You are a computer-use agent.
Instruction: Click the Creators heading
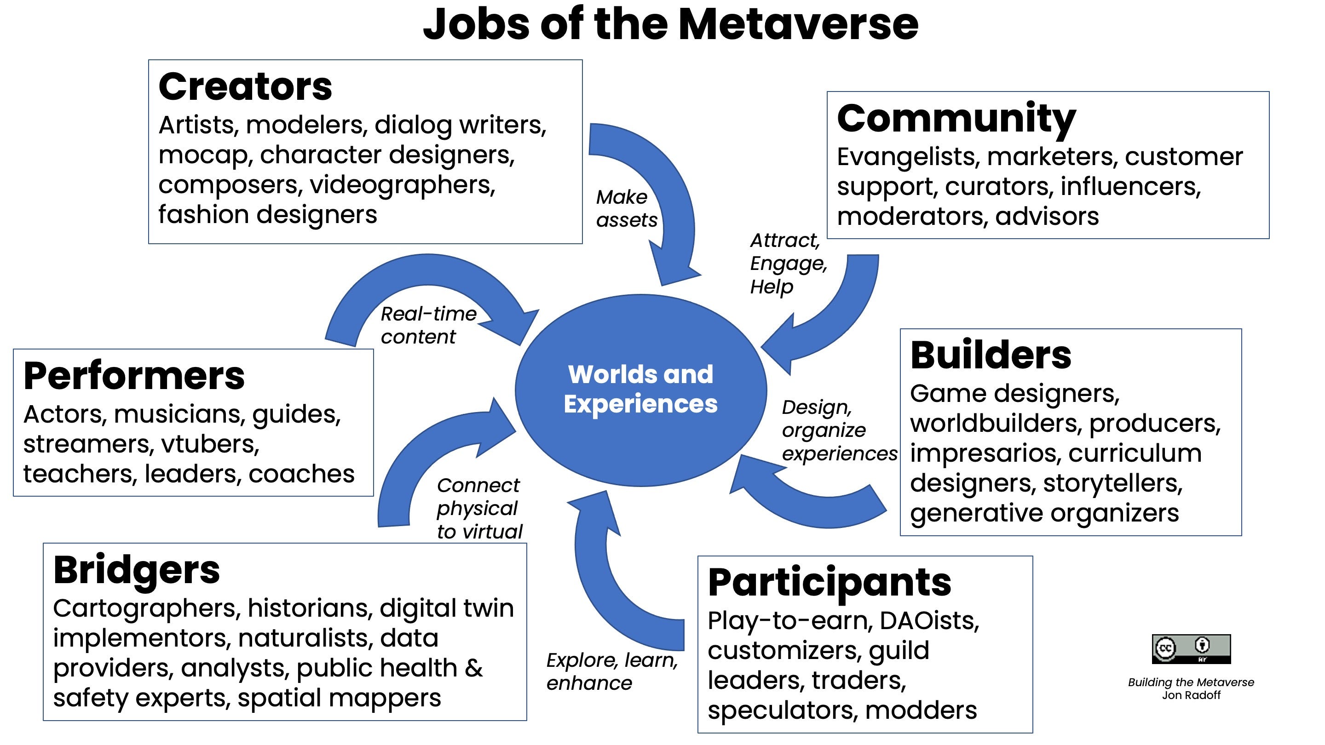coord(245,86)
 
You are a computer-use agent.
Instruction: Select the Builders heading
coord(990,355)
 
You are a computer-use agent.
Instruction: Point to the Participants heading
coord(829,583)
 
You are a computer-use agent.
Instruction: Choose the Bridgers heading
coord(136,570)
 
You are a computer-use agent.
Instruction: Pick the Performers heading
coord(134,376)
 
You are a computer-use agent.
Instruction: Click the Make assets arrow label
coord(626,208)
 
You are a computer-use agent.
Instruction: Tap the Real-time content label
coord(428,325)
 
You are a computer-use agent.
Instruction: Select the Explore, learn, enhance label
coord(611,671)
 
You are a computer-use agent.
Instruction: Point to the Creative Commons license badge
coord(1191,649)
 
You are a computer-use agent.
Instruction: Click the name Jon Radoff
coord(1191,696)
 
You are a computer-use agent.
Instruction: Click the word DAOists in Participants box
coord(929,620)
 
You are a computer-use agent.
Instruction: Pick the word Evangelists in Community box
coord(907,157)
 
